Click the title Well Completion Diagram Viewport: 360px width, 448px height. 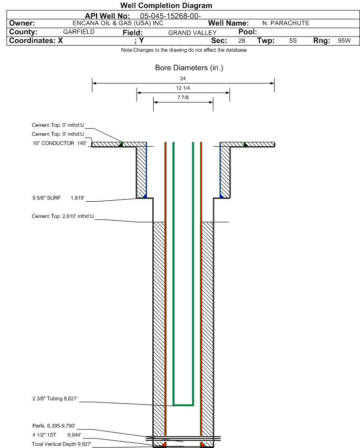coord(166,6)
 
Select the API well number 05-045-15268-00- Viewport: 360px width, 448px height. coord(171,16)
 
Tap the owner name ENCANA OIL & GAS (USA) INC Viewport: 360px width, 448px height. coord(111,23)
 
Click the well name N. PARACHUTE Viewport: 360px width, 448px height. coord(286,23)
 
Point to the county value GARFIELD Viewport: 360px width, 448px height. coord(79,32)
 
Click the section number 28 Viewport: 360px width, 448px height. coord(241,41)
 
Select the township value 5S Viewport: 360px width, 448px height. coord(293,41)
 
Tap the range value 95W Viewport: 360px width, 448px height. coord(344,41)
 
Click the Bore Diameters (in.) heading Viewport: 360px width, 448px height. coord(189,68)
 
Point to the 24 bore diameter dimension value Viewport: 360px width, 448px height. coord(183,78)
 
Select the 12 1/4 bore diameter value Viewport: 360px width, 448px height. coord(183,88)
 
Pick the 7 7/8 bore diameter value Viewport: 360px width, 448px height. coord(183,98)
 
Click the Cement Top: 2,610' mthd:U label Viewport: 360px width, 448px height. coord(63,216)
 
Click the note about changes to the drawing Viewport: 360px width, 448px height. coord(184,50)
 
